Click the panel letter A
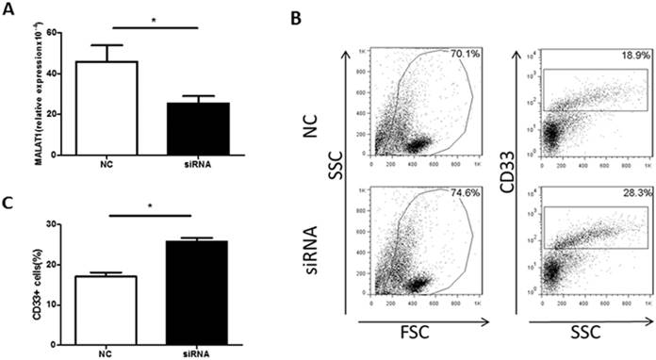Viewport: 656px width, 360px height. (8, 8)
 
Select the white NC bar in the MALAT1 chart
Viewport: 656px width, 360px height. (93, 107)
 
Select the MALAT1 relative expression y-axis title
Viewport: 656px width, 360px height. (12, 93)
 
